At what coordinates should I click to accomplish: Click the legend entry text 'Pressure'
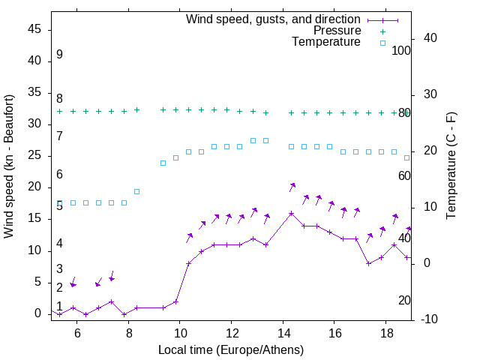click(x=337, y=31)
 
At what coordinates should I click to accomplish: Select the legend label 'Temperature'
click(x=326, y=42)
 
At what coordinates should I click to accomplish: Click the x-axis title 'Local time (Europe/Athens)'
click(x=231, y=349)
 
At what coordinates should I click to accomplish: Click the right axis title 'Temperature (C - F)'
click(x=451, y=166)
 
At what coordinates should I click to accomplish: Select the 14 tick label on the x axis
click(x=283, y=333)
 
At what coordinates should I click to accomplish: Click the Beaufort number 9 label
click(x=59, y=55)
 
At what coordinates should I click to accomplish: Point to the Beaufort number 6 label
click(x=59, y=175)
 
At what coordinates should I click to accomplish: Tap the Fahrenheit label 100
click(x=402, y=51)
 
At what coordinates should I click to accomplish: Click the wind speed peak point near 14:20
click(x=292, y=213)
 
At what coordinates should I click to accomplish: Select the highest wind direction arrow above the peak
click(x=292, y=186)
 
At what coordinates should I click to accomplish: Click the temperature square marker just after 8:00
click(x=136, y=191)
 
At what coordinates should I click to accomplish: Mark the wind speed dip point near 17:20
click(x=368, y=263)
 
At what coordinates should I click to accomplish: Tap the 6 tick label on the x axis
click(x=76, y=333)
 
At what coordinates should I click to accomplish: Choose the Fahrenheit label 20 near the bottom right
click(x=404, y=301)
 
